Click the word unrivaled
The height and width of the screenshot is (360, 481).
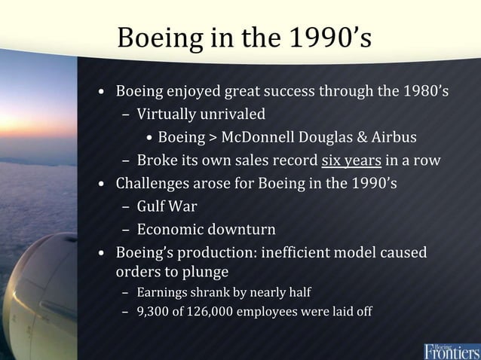[234, 115]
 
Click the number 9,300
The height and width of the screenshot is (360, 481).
[153, 312]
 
